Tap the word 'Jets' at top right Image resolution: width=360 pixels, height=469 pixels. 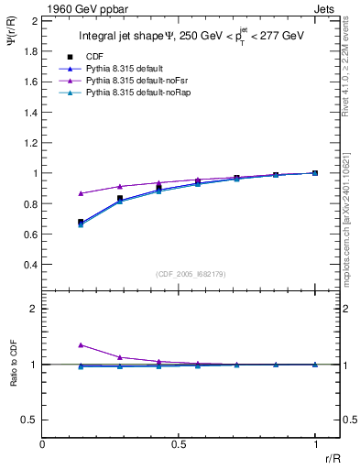(x=326, y=7)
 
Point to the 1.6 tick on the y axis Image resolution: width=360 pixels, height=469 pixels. (x=30, y=82)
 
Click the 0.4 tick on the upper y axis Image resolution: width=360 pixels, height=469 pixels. (x=30, y=265)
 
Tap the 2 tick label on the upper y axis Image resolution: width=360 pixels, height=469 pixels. (x=34, y=20)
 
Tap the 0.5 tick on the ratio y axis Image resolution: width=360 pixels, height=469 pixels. (x=30, y=420)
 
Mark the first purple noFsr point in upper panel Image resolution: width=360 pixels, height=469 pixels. (x=82, y=193)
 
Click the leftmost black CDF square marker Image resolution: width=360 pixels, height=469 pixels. (x=82, y=222)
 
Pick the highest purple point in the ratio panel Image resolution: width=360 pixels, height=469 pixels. (x=82, y=345)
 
